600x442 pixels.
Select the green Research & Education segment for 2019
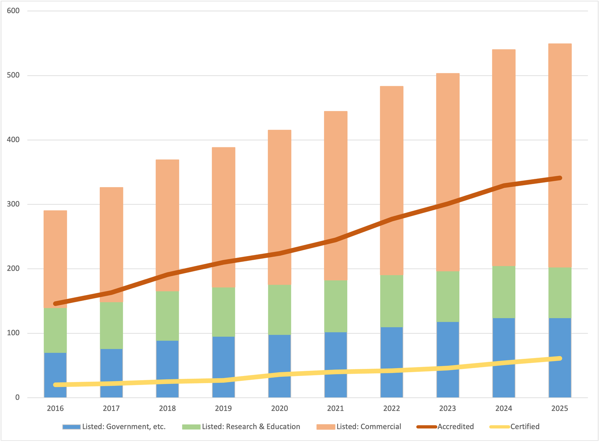[223, 312]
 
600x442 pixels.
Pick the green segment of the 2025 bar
[560, 293]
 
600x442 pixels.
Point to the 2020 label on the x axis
[279, 409]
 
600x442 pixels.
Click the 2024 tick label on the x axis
[504, 409]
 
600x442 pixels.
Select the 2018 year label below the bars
[167, 409]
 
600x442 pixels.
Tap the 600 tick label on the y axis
[13, 11]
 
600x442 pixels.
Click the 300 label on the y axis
[13, 204]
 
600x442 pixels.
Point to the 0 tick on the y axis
[17, 398]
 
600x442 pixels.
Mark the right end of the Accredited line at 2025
[559, 178]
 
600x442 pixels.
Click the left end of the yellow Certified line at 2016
[55, 385]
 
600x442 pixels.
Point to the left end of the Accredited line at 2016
[55, 303]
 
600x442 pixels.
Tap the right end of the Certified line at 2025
[559, 358]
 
